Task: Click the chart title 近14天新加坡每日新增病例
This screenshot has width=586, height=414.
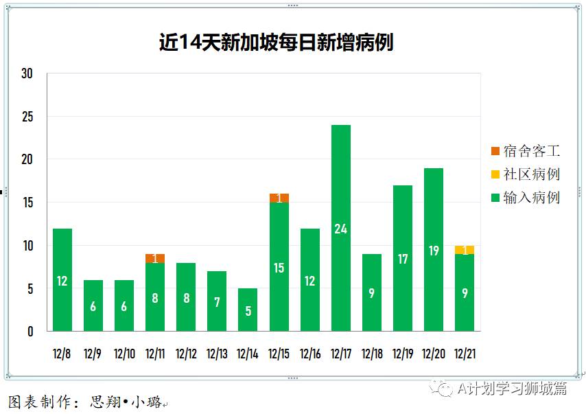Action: point(276,43)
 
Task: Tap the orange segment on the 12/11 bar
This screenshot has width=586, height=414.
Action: point(155,258)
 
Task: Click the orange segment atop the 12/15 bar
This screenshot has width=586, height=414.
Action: point(279,198)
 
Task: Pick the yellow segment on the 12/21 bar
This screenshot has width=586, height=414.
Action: point(465,250)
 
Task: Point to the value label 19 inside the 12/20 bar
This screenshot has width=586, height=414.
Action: point(434,251)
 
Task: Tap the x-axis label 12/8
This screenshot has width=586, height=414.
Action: point(62,354)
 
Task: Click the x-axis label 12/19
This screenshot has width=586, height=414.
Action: point(403,354)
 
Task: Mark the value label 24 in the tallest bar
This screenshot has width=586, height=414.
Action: point(341,229)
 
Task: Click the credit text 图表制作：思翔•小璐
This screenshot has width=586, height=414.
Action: point(86,402)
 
